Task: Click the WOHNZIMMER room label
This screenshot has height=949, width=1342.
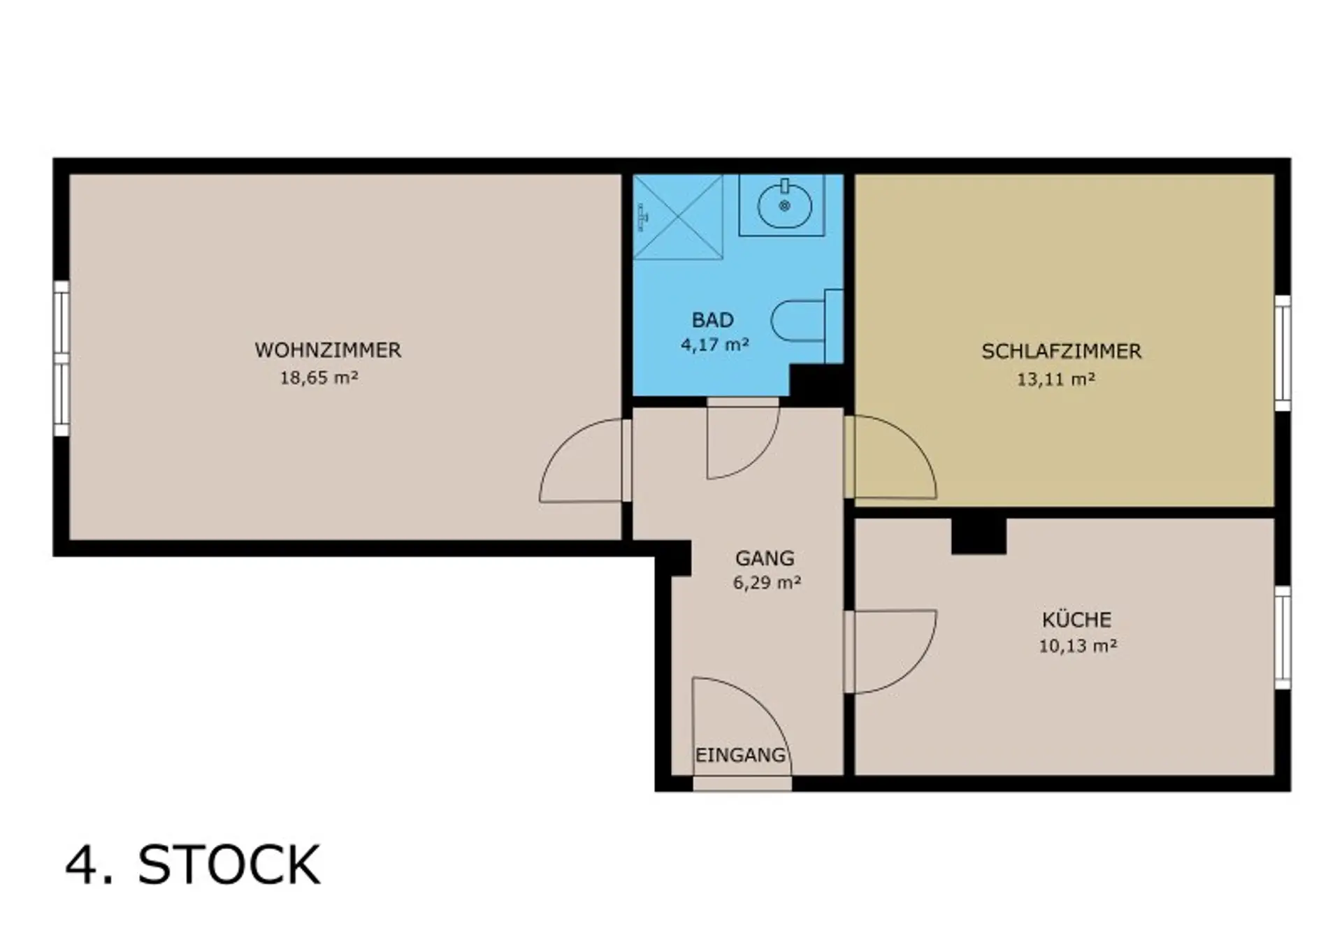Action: pyautogui.click(x=328, y=350)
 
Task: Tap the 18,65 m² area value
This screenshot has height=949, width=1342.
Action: pyautogui.click(x=319, y=378)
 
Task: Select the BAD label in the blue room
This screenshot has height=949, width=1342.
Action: pyautogui.click(x=713, y=320)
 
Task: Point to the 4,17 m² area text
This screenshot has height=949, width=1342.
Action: pyautogui.click(x=715, y=344)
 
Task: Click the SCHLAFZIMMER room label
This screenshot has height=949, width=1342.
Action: pyautogui.click(x=1061, y=352)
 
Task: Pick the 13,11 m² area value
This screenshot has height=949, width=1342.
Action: pyautogui.click(x=1055, y=379)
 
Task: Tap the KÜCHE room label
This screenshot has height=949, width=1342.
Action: pyautogui.click(x=1076, y=618)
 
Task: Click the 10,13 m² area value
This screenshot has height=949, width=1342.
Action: pyautogui.click(x=1078, y=646)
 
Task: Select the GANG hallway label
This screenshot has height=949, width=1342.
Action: pyautogui.click(x=765, y=558)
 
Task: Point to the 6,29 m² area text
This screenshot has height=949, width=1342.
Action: pyautogui.click(x=767, y=582)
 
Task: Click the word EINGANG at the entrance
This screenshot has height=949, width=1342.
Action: pyautogui.click(x=740, y=755)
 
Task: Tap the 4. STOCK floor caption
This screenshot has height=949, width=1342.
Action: pyautogui.click(x=193, y=865)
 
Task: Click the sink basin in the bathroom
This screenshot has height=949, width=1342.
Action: pyautogui.click(x=784, y=203)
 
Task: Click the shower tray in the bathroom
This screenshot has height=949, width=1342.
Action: pyautogui.click(x=677, y=217)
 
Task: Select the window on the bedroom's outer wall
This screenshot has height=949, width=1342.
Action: pyautogui.click(x=1283, y=353)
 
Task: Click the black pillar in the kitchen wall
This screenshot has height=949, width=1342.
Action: pyautogui.click(x=979, y=536)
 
